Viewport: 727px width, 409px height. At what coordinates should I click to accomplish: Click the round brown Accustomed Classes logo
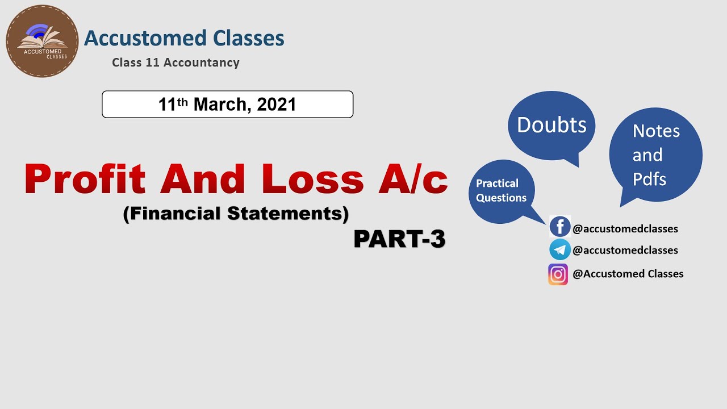(x=42, y=41)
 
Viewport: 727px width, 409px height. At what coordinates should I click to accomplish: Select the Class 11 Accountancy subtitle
(x=176, y=62)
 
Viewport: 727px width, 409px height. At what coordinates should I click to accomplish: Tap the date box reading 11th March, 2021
(x=227, y=105)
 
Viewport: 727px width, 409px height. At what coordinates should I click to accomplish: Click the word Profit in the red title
(x=85, y=179)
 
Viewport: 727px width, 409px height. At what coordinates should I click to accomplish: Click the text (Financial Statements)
(x=236, y=214)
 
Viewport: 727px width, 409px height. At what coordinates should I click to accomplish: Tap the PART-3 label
(x=399, y=239)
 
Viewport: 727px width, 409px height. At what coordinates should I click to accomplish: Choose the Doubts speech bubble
(x=551, y=126)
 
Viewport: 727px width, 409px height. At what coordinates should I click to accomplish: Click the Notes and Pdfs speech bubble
(x=655, y=155)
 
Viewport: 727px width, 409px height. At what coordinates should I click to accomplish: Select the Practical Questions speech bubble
(x=502, y=191)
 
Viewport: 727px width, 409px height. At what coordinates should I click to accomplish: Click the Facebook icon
(x=560, y=227)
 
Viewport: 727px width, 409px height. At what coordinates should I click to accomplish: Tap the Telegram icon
(x=560, y=250)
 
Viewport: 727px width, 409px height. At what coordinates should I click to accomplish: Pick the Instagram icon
(x=558, y=274)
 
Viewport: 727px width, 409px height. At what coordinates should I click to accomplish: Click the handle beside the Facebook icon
(x=625, y=229)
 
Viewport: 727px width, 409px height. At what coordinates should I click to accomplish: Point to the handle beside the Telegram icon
(x=625, y=251)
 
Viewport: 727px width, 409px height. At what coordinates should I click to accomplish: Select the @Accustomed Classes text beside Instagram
(x=628, y=274)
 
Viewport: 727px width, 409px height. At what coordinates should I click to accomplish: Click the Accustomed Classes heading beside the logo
(x=184, y=39)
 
